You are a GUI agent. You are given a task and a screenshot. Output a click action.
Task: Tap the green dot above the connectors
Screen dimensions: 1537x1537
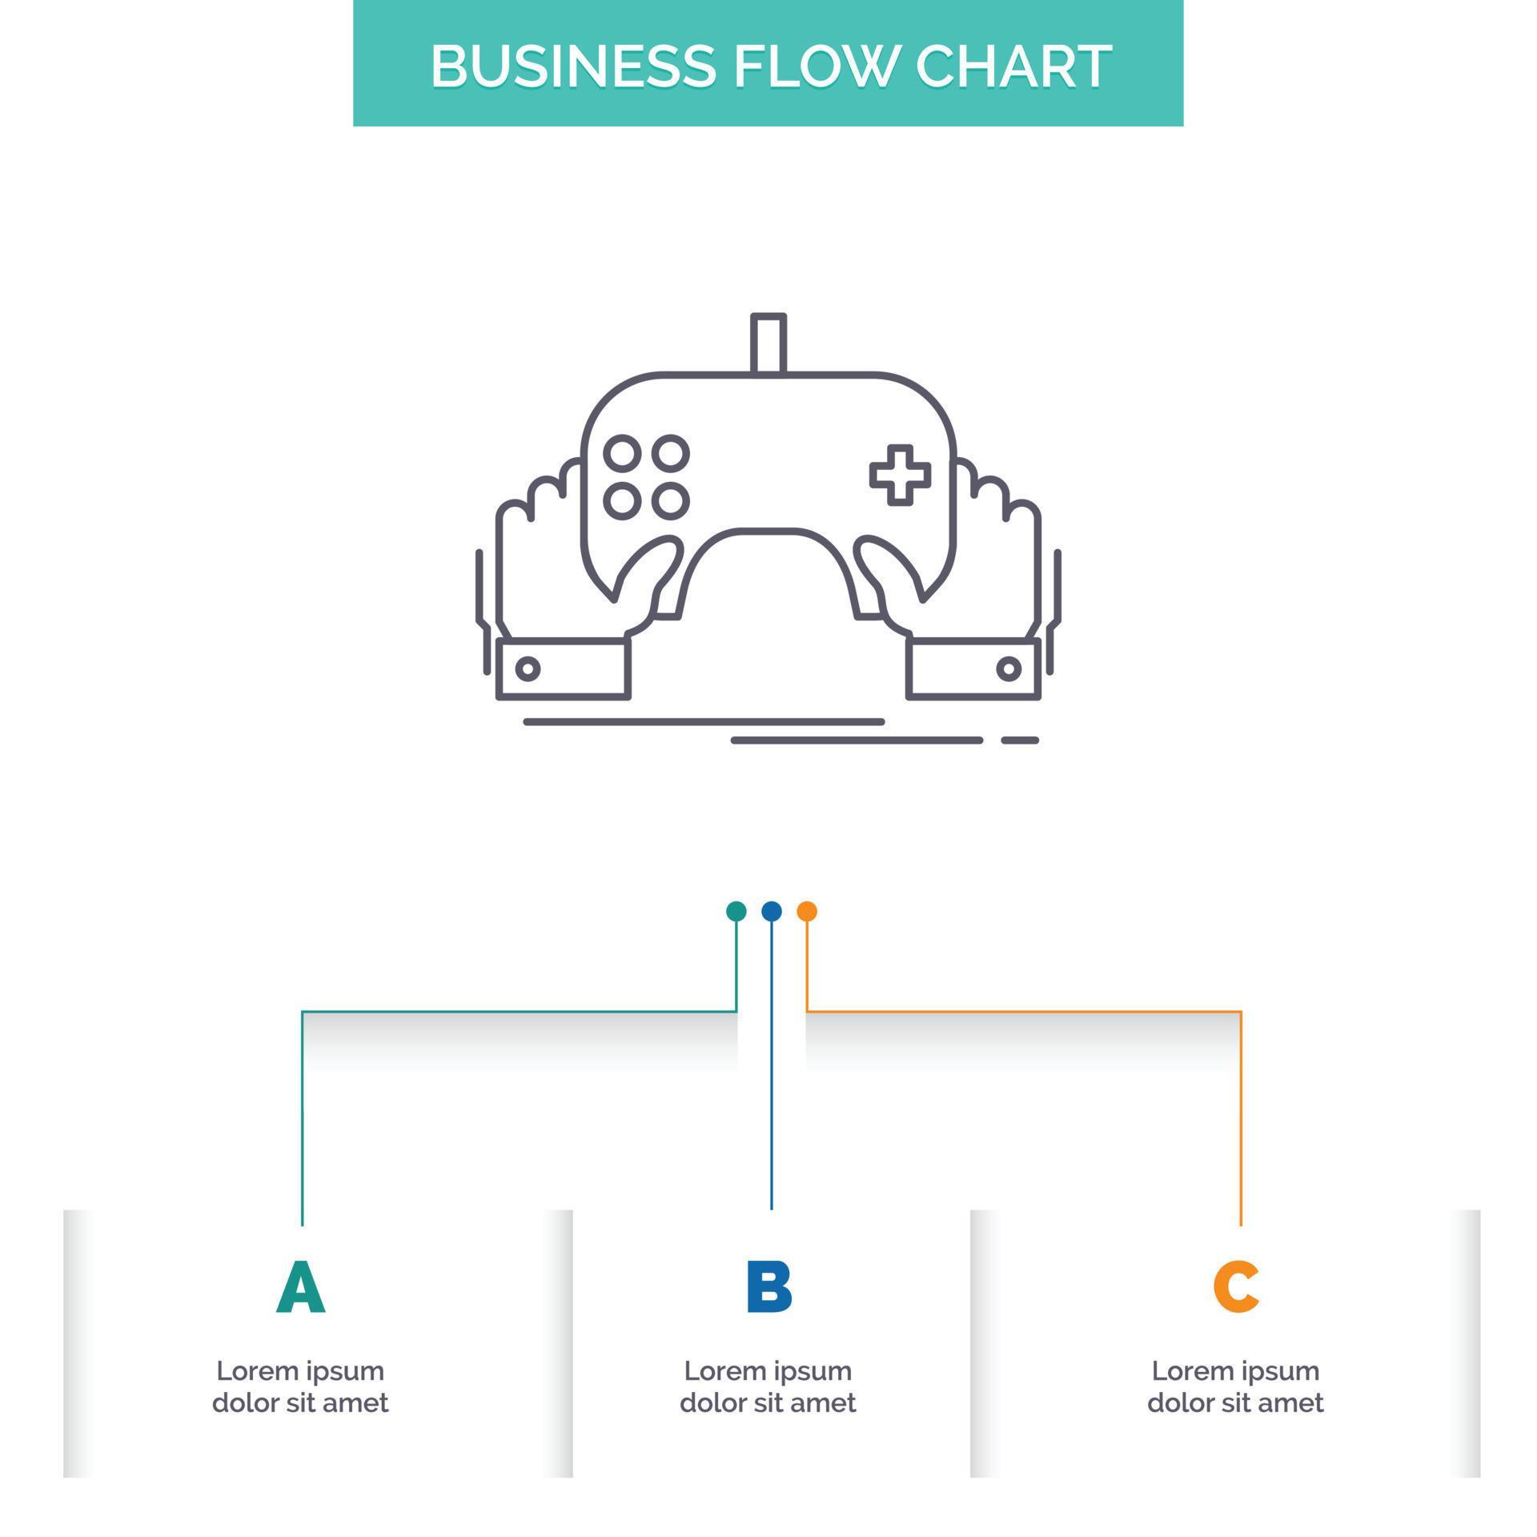[x=736, y=911]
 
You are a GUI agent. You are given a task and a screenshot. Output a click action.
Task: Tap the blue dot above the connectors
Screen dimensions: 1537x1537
[x=771, y=911]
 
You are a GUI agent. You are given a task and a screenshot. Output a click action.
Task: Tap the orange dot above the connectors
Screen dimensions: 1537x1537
[x=807, y=911]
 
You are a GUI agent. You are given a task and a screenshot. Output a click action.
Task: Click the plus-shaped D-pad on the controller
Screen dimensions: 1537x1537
[x=900, y=475]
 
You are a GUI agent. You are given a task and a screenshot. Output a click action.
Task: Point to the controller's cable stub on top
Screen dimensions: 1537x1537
[x=768, y=343]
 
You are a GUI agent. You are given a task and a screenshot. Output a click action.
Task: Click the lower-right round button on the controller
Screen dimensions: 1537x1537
[x=670, y=501]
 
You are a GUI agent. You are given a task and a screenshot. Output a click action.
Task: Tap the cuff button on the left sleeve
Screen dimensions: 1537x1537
[x=527, y=668]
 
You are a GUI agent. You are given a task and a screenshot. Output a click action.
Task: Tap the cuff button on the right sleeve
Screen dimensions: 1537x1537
[x=1009, y=668]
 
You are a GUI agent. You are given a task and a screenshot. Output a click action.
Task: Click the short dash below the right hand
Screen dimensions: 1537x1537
[x=1020, y=740]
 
